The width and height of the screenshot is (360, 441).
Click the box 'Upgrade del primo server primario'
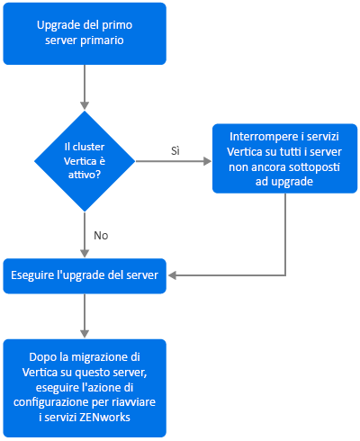tap(85, 33)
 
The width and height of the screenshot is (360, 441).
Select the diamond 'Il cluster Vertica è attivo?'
tap(85, 161)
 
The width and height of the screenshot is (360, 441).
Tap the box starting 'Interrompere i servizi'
tap(284, 158)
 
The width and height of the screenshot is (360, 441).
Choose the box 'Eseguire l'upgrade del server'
tap(85, 275)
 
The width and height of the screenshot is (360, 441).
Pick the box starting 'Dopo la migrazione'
tap(85, 388)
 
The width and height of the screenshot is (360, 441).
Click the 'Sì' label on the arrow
tap(175, 150)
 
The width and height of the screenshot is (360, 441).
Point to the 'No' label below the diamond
tap(101, 236)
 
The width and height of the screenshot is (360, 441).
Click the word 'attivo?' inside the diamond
tap(85, 175)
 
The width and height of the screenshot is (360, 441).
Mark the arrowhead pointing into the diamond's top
tap(85, 105)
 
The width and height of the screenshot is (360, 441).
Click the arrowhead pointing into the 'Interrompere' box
tap(207, 161)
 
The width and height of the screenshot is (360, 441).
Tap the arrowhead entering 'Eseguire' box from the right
tap(172, 275)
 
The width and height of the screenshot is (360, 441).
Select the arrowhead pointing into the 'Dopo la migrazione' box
tap(85, 334)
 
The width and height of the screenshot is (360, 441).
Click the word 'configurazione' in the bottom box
tap(51, 402)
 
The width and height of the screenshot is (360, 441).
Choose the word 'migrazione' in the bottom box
tap(101, 357)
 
